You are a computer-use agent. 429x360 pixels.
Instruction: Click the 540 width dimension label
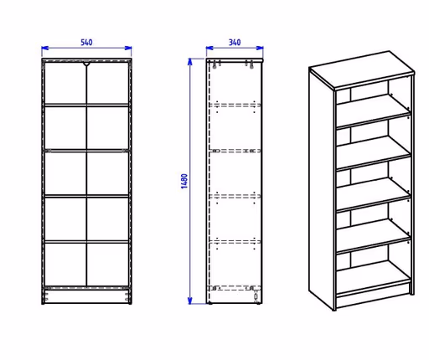point(86,43)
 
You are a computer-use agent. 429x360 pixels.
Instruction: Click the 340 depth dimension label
point(235,43)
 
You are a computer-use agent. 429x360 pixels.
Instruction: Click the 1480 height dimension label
point(184,181)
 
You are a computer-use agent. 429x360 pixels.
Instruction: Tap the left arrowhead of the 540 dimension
point(44,48)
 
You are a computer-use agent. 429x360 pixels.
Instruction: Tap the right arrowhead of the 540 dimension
point(128,48)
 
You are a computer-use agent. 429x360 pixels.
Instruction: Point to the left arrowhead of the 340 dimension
point(209,48)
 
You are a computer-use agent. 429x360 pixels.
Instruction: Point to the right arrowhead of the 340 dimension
point(260,48)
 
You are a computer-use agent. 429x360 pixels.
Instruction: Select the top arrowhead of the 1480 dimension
point(190,62)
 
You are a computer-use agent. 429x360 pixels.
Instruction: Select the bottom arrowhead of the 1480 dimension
point(190,301)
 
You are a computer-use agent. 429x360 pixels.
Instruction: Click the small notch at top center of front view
point(86,64)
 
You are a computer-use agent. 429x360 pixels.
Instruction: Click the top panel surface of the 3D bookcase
point(362,69)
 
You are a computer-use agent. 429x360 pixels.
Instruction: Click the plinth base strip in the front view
point(86,296)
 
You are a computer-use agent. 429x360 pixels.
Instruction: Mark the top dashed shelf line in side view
point(235,105)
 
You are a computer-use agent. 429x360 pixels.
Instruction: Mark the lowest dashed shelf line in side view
point(235,288)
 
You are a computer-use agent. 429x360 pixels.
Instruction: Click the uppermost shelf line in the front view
point(86,105)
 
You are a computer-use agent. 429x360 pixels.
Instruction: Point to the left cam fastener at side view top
point(214,64)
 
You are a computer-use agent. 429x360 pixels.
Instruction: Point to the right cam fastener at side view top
point(251,64)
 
